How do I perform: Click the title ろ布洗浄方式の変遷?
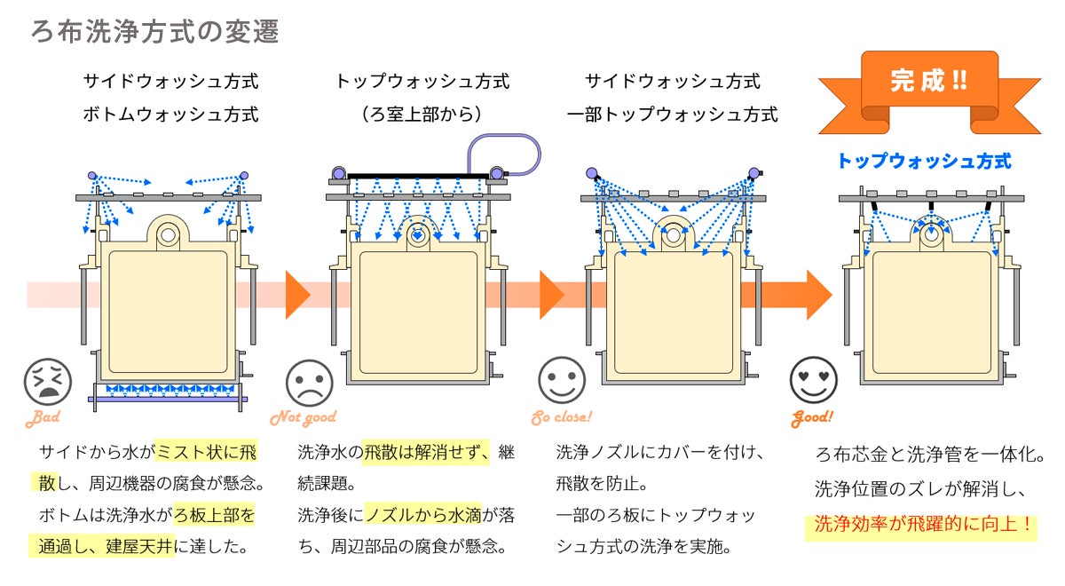point(155,32)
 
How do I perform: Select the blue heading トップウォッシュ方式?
point(924,162)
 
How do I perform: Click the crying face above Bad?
point(47,383)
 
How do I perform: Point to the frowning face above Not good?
point(309,383)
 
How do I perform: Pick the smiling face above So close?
point(562,381)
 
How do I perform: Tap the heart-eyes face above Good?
point(813,380)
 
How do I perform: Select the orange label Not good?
point(303,417)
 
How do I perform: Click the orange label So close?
point(561,417)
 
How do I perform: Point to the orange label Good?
point(812,417)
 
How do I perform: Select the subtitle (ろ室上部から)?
point(422,115)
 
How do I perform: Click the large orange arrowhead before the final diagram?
point(818,294)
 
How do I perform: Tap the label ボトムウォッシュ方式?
point(170,115)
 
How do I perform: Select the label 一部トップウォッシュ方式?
point(673,115)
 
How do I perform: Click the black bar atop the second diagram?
point(417,176)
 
